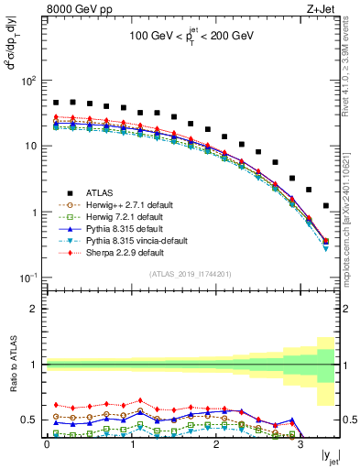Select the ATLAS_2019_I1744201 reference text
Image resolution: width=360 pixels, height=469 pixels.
coord(190,274)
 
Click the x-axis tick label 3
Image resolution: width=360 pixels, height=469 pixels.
coord(300,447)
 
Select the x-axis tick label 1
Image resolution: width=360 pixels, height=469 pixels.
coord(131,447)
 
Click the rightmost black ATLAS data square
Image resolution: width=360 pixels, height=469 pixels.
coord(326,206)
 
